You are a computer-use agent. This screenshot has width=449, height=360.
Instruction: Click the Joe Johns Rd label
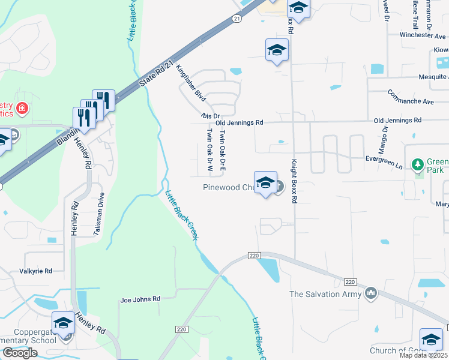pos(140,299)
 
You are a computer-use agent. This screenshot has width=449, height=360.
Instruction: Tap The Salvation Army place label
pos(325,294)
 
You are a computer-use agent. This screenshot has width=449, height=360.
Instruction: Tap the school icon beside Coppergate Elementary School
pos(63,323)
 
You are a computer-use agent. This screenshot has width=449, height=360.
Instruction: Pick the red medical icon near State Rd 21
pos(22,109)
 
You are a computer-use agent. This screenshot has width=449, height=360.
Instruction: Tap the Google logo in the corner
pos(20,353)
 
